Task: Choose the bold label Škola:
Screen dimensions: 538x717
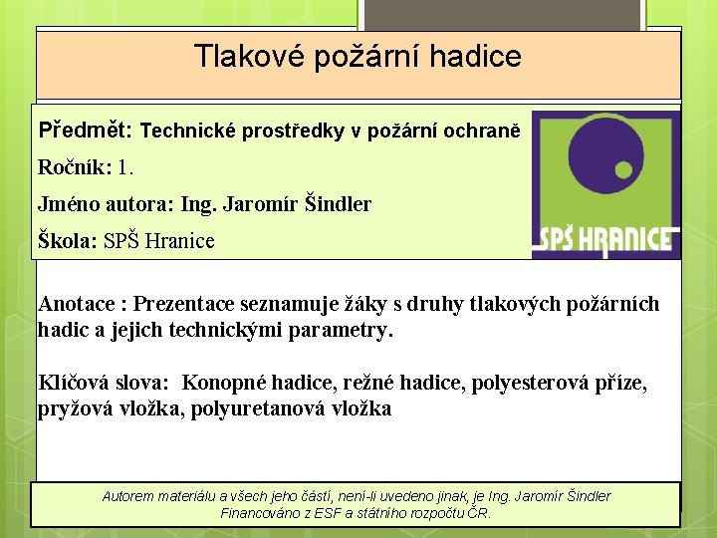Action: tap(67, 240)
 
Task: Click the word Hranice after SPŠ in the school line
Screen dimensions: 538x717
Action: tap(179, 240)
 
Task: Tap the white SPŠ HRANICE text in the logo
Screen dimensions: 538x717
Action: tap(606, 240)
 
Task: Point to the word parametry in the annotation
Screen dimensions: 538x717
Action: tap(342, 329)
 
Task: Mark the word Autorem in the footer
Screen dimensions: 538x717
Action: tap(131, 495)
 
